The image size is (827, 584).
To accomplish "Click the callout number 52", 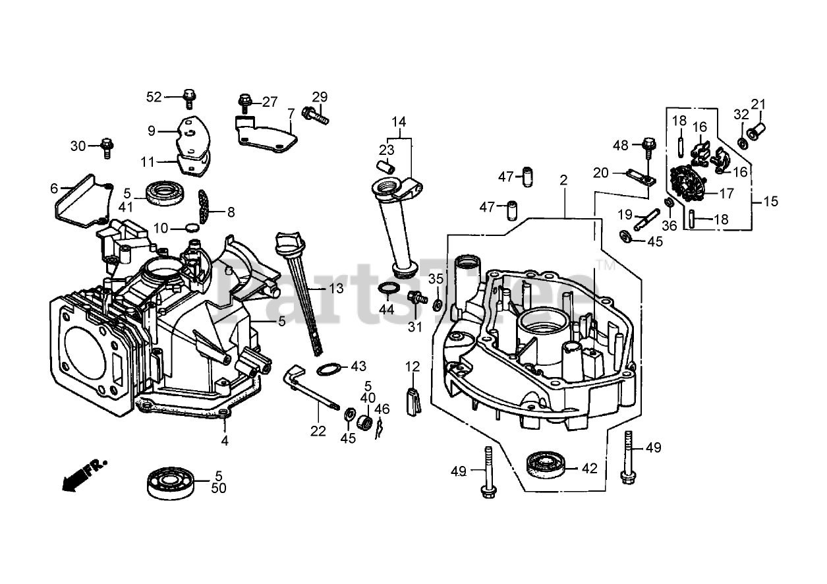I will [154, 97].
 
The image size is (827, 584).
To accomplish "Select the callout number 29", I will [320, 97].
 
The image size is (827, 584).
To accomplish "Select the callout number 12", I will [413, 366].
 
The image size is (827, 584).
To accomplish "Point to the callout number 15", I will [770, 202].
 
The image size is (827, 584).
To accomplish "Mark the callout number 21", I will [759, 103].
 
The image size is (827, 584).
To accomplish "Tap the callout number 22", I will [318, 431].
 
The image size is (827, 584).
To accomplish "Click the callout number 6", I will [54, 188].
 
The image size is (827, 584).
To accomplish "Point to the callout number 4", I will [225, 440].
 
